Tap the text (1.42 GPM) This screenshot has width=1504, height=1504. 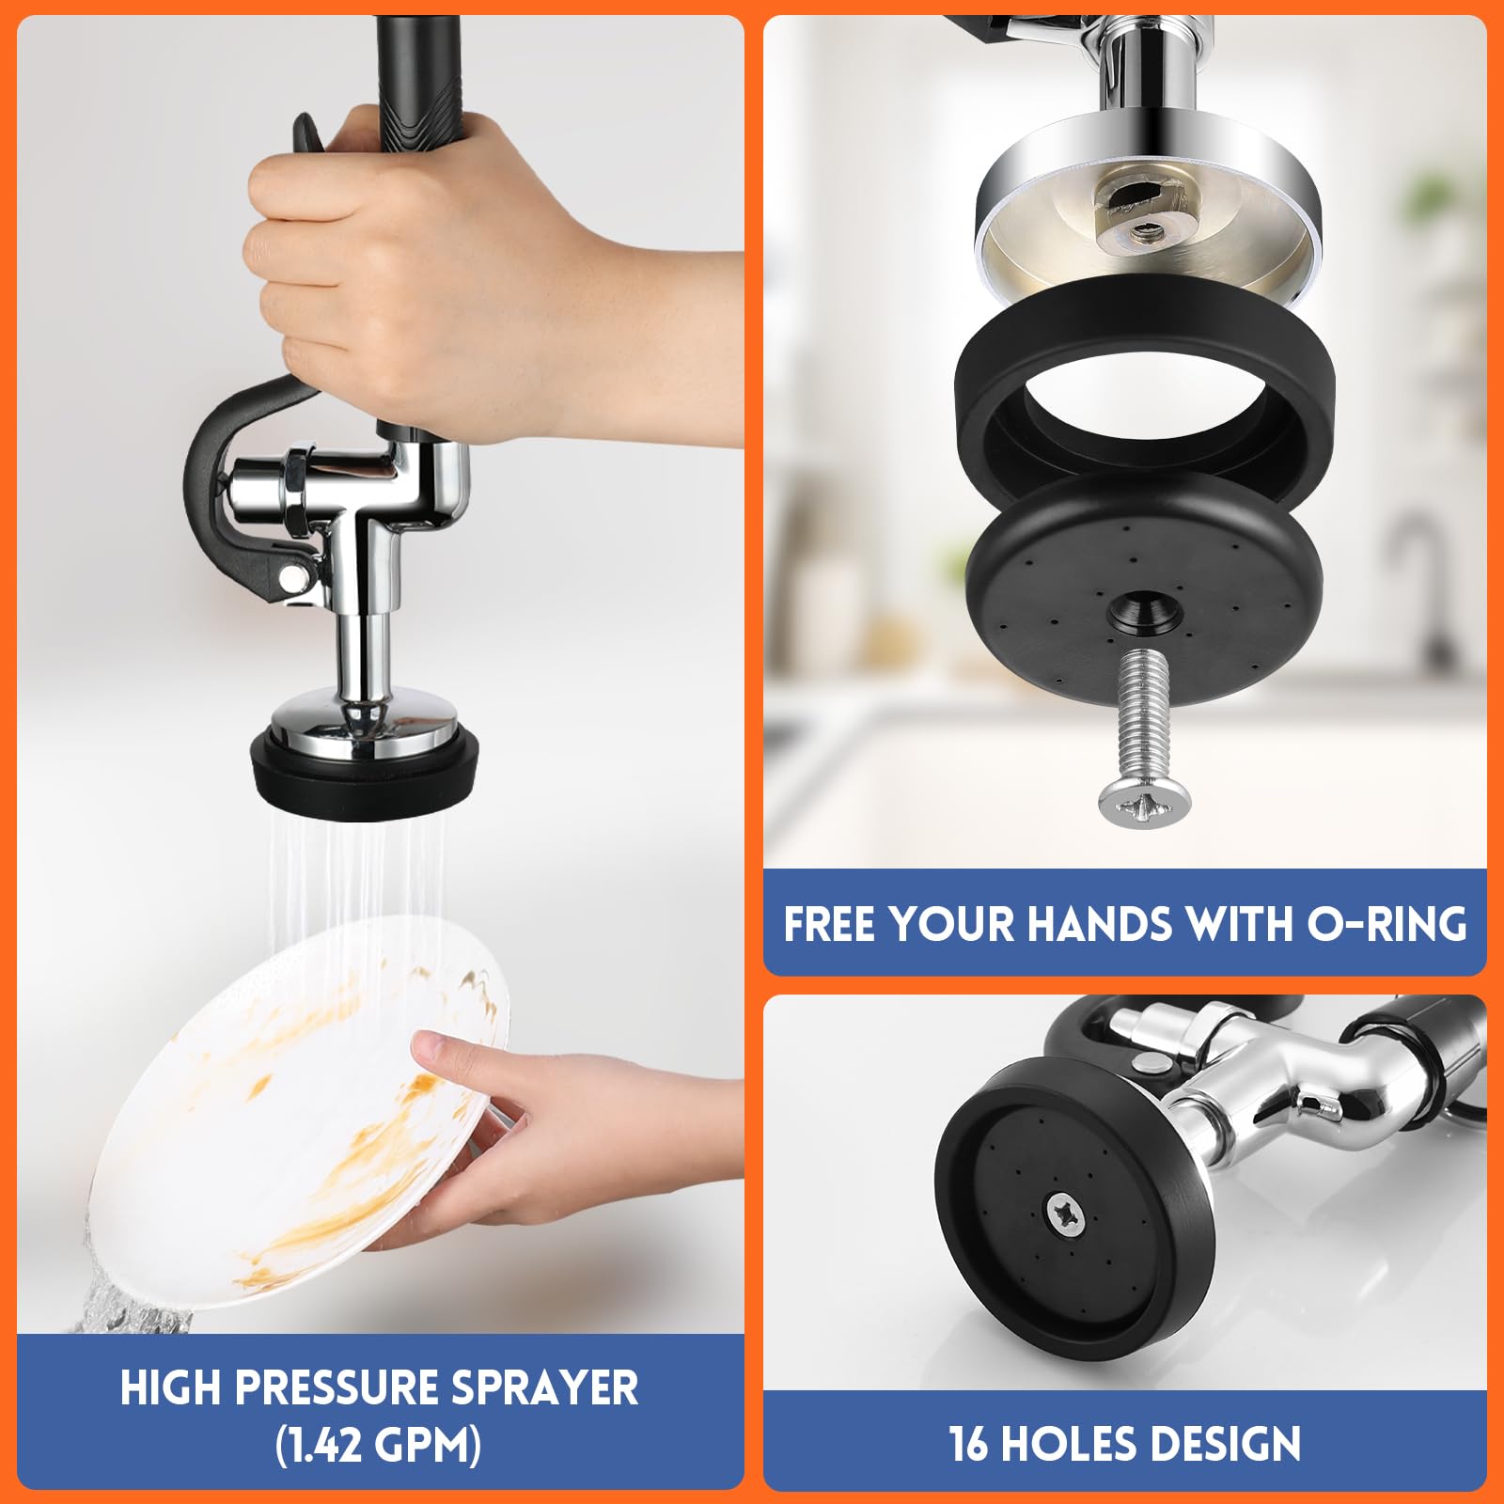pyautogui.click(x=379, y=1444)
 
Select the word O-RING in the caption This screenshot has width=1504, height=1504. pyautogui.click(x=1386, y=924)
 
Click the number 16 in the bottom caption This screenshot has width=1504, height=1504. pyautogui.click(x=969, y=1444)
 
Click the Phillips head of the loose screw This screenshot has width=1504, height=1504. pyautogui.click(x=1144, y=805)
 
